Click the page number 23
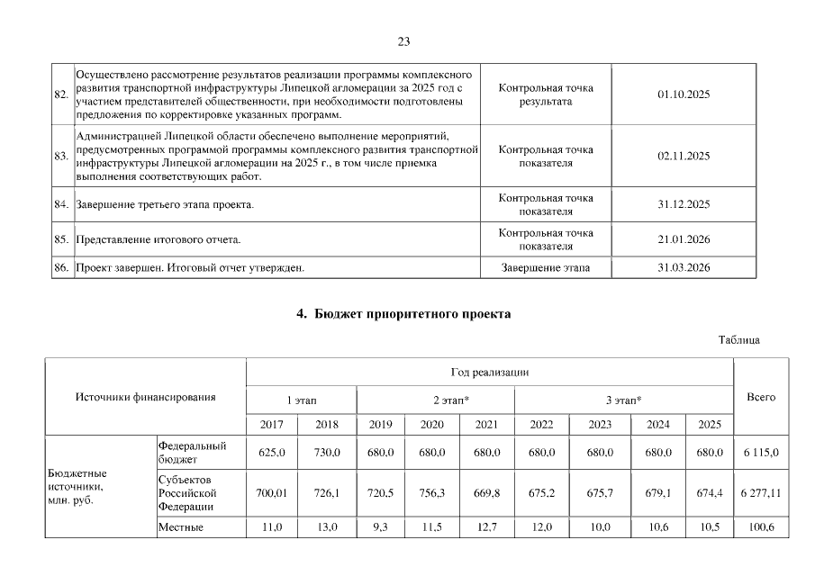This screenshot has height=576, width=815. (403, 41)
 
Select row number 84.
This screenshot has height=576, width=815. (61, 204)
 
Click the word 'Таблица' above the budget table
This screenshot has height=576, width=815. (739, 340)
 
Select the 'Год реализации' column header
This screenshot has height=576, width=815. (489, 372)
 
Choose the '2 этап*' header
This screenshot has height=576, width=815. (436, 399)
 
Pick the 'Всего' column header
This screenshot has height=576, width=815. (761, 397)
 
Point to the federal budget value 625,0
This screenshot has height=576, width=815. (271, 452)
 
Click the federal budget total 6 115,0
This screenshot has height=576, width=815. (761, 452)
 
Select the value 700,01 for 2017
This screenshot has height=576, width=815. (271, 493)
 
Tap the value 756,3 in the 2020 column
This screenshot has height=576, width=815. (436, 493)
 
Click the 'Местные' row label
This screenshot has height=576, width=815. (180, 526)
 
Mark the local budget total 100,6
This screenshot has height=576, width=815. (761, 526)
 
